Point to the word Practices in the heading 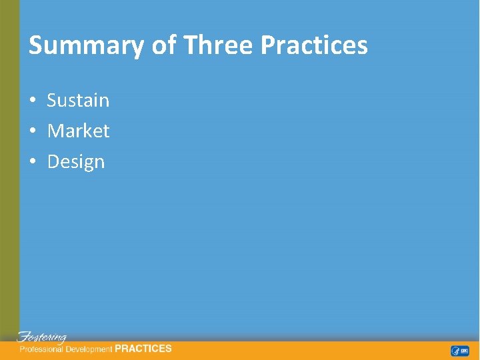314,45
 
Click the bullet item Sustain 78,101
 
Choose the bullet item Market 78,131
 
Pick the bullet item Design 76,162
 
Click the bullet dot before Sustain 32,101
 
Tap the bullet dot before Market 32,132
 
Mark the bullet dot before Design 32,163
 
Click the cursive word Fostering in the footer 42,337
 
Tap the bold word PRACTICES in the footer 143,349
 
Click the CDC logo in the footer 465,351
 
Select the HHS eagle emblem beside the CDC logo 455,351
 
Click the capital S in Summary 36,45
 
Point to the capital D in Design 53,162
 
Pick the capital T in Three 190,45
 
